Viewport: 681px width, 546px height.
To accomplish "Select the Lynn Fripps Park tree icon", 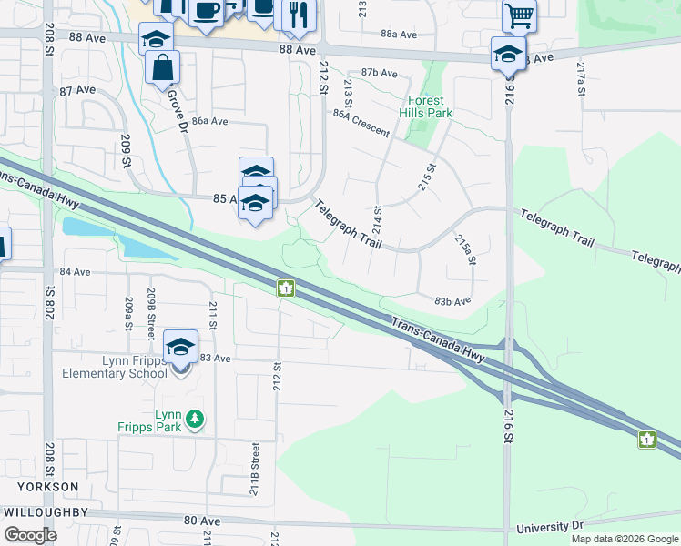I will (194, 419).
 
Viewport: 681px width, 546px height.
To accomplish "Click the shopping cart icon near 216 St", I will (519, 14).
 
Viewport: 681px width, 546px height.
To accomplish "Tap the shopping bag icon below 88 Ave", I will (162, 67).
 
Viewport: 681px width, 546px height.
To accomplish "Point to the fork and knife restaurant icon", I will (297, 14).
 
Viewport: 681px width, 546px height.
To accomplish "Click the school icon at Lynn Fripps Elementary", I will (180, 347).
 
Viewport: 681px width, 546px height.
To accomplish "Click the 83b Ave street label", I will (452, 300).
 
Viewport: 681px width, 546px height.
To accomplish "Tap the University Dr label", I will (548, 527).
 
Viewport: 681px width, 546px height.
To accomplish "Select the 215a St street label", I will (465, 249).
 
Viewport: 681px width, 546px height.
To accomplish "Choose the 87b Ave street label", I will (380, 73).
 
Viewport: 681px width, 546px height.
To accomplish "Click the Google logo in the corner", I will (30, 535).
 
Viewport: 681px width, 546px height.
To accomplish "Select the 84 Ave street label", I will (75, 272).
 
